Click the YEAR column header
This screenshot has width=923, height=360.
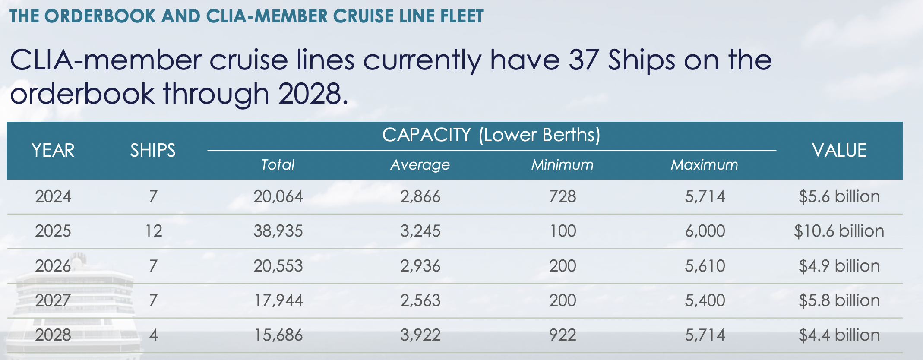[53, 151]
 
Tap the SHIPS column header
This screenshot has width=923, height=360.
[153, 151]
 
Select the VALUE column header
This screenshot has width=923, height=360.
[839, 151]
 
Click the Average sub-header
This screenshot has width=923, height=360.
[420, 165]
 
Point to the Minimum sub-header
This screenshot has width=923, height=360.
[562, 165]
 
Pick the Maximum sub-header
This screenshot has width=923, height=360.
[704, 165]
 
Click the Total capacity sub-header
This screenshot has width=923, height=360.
[278, 165]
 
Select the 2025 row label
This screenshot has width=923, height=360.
[53, 231]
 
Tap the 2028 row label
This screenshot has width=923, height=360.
[53, 335]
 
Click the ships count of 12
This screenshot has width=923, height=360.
[153, 231]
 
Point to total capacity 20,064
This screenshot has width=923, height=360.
[278, 196]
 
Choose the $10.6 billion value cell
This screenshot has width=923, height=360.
[839, 231]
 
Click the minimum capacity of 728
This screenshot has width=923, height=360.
[563, 196]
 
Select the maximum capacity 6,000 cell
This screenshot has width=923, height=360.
[705, 231]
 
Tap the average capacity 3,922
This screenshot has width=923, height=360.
[420, 335]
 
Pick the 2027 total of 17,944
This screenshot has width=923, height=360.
[278, 300]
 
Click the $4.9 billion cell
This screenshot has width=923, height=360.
[839, 266]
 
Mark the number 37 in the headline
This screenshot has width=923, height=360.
[583, 60]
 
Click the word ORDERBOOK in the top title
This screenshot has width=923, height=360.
[100, 16]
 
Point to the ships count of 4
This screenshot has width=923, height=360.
[153, 335]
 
